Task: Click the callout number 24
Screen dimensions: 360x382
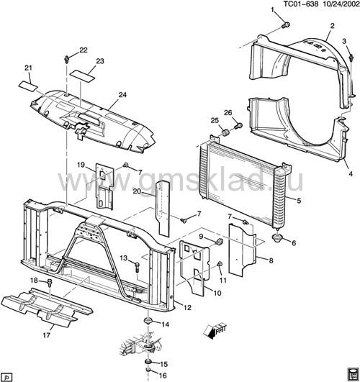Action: [122, 94]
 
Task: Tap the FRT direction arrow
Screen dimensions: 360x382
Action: [215, 331]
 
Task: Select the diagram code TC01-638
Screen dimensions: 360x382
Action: [301, 4]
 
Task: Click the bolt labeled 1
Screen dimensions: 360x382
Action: [286, 24]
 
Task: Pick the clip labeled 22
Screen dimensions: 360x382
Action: [66, 59]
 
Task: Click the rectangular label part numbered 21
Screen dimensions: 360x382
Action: [28, 85]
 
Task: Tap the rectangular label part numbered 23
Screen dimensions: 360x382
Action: [82, 76]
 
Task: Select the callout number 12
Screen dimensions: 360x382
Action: [187, 308]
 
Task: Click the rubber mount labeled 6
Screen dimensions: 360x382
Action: [277, 237]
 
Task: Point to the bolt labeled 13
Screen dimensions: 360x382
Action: [136, 267]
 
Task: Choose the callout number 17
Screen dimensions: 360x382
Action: [46, 335]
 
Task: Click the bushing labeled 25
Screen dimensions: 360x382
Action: [225, 132]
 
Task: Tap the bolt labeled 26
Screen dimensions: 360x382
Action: [238, 126]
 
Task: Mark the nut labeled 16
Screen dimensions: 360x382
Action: [148, 370]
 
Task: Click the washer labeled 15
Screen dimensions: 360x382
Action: [148, 361]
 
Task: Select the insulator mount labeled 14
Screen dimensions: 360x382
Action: [148, 320]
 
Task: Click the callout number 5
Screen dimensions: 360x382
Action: [299, 201]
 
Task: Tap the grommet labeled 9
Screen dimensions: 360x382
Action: [219, 242]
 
